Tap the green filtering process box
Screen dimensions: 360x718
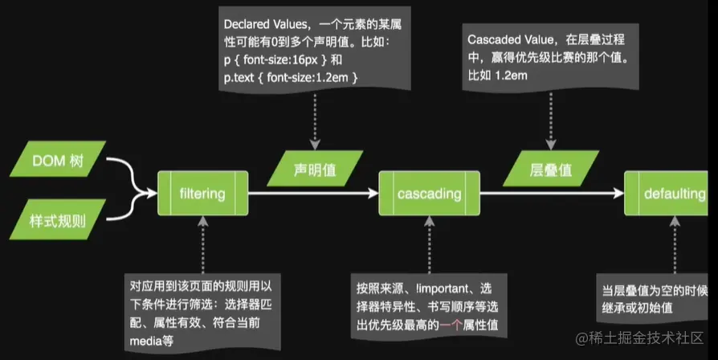[202, 193]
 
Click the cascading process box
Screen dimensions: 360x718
[429, 193]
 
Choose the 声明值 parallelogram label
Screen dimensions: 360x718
[313, 170]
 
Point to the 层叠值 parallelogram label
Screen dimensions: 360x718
[551, 170]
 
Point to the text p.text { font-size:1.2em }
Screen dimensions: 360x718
[289, 76]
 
